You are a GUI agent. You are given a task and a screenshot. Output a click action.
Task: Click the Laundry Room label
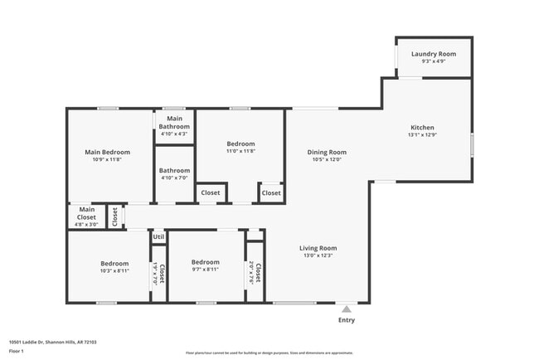click(434, 54)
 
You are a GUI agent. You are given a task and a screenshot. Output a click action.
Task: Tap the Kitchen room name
click(422, 129)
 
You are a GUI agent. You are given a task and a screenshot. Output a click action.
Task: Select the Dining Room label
click(327, 152)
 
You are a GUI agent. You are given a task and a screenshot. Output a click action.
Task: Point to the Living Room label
click(318, 248)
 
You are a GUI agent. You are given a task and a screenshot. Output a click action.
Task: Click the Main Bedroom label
click(108, 152)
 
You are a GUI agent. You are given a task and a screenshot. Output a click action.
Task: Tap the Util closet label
click(158, 237)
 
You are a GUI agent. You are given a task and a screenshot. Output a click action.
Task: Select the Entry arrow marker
click(347, 309)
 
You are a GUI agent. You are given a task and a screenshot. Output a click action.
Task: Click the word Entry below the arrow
click(347, 320)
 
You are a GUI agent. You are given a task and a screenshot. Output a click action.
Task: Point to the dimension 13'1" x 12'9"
click(422, 136)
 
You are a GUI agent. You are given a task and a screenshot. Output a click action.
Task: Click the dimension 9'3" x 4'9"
click(434, 61)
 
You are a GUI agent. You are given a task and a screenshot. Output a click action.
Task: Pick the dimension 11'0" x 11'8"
click(241, 151)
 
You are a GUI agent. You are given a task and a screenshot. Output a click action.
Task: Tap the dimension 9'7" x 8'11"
click(205, 270)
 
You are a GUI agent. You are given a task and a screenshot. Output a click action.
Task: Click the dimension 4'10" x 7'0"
click(174, 178)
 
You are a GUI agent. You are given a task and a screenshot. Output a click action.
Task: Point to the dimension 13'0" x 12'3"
click(318, 255)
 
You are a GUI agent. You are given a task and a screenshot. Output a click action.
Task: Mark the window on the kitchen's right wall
click(472, 144)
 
